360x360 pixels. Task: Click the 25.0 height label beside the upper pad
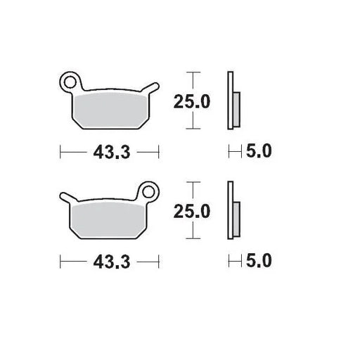192,101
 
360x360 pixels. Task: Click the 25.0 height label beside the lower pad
192,211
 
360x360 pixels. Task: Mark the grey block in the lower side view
237,219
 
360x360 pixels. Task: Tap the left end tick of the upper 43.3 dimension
61,150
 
